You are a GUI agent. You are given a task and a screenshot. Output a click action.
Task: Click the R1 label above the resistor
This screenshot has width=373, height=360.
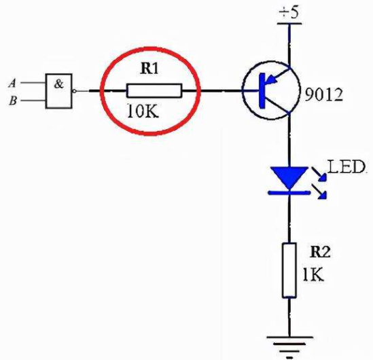pyautogui.click(x=149, y=69)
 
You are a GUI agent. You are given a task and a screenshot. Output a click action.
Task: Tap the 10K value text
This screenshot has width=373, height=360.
pyautogui.click(x=143, y=111)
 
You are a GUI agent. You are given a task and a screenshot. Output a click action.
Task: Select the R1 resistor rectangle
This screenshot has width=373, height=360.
pyautogui.click(x=154, y=90)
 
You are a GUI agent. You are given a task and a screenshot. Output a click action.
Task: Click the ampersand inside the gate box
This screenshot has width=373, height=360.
pyautogui.click(x=58, y=84)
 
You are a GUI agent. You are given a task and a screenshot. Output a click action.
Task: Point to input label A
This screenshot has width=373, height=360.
pyautogui.click(x=12, y=84)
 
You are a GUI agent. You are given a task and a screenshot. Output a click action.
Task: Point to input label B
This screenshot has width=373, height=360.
pyautogui.click(x=13, y=101)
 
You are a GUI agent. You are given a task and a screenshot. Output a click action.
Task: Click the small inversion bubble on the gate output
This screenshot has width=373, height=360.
pyautogui.click(x=74, y=91)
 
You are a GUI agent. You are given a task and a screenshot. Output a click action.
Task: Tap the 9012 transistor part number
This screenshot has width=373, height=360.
pyautogui.click(x=324, y=95)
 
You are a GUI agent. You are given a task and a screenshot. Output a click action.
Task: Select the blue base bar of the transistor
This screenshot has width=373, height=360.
pyautogui.click(x=262, y=90)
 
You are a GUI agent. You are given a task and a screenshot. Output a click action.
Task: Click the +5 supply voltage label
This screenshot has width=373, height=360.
pyautogui.click(x=289, y=12)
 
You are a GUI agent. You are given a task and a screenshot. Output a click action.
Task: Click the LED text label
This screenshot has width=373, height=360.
pyautogui.click(x=346, y=166)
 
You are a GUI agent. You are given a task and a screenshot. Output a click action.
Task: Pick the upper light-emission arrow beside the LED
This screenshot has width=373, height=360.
pyautogui.click(x=319, y=174)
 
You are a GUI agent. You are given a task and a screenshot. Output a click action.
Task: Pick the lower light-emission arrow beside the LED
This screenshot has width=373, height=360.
pyautogui.click(x=319, y=192)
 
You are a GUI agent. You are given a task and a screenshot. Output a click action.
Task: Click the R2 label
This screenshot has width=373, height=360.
pyautogui.click(x=320, y=252)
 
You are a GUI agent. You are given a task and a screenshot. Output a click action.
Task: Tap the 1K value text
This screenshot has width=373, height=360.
pyautogui.click(x=313, y=274)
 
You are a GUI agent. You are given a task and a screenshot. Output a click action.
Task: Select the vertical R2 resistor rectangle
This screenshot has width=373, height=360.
pyautogui.click(x=289, y=270)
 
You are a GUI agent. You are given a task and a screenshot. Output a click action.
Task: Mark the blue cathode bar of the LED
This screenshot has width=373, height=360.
pyautogui.click(x=289, y=193)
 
